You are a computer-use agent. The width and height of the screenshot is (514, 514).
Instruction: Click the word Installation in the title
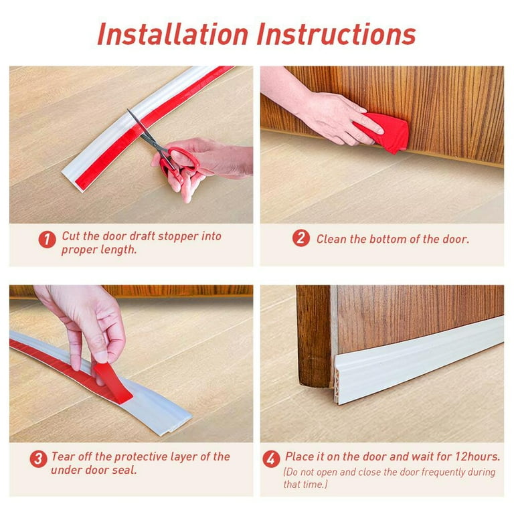173,34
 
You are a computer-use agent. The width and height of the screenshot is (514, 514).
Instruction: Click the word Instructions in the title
337,34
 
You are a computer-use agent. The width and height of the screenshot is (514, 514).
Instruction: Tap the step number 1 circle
48,240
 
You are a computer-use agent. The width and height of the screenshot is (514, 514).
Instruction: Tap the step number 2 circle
301,238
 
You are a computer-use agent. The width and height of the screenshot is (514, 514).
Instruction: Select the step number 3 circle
38,458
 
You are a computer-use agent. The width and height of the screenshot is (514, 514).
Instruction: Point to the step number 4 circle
271,458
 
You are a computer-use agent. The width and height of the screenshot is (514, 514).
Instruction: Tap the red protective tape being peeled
113,383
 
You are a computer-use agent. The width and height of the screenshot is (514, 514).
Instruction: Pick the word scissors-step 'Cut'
71,236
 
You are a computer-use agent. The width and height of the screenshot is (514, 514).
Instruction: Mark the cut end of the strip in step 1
70,181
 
